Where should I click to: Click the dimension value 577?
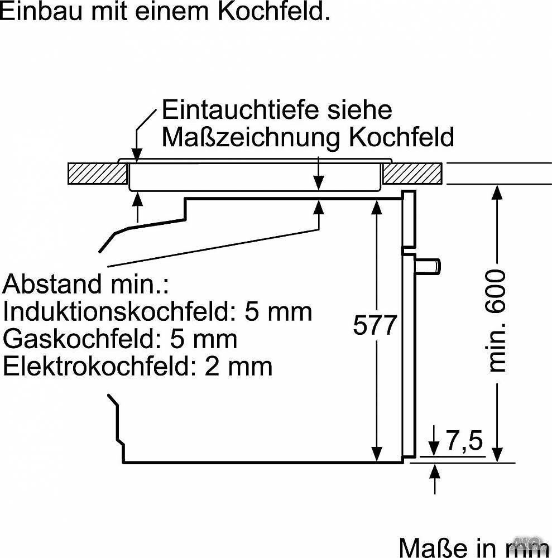point(375,325)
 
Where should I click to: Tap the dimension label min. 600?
point(497,320)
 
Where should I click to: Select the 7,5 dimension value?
point(464,440)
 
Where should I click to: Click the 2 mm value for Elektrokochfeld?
point(238,366)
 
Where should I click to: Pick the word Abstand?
point(52,283)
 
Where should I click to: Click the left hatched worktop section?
point(98,174)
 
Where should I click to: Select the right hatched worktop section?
point(412,174)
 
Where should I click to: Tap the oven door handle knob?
point(428,266)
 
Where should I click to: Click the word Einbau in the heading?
point(42,11)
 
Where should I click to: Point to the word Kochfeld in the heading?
point(273,11)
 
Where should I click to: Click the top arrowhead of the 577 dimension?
point(376,207)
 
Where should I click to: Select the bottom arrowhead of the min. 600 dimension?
point(497,455)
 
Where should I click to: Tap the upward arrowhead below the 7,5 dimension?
point(435,471)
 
